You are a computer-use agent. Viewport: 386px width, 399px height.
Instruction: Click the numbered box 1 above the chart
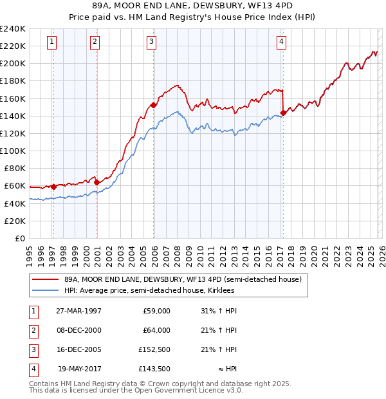[51, 42]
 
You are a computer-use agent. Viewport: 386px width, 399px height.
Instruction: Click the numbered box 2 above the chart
[95, 42]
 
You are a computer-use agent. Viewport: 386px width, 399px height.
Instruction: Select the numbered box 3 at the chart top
[151, 42]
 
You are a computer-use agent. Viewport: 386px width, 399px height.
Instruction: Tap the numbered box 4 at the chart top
[282, 42]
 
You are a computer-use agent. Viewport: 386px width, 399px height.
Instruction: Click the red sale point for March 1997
[53, 187]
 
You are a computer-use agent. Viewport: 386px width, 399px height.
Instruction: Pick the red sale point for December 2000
[96, 182]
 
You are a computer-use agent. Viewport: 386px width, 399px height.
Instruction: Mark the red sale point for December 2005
[154, 105]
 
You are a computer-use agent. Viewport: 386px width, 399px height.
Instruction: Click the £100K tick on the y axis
[13, 151]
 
